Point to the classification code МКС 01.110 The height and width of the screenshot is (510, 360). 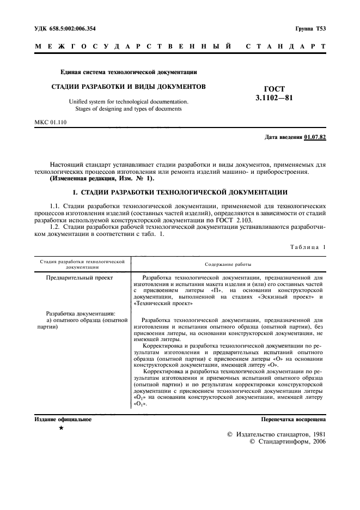click(x=50, y=122)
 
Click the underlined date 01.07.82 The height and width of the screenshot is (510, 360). click(x=315, y=137)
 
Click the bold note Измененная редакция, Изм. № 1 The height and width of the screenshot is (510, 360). click(x=102, y=179)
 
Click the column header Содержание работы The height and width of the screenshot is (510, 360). click(x=228, y=264)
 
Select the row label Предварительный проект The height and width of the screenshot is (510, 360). click(x=80, y=277)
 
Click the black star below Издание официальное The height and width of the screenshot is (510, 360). click(x=61, y=429)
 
